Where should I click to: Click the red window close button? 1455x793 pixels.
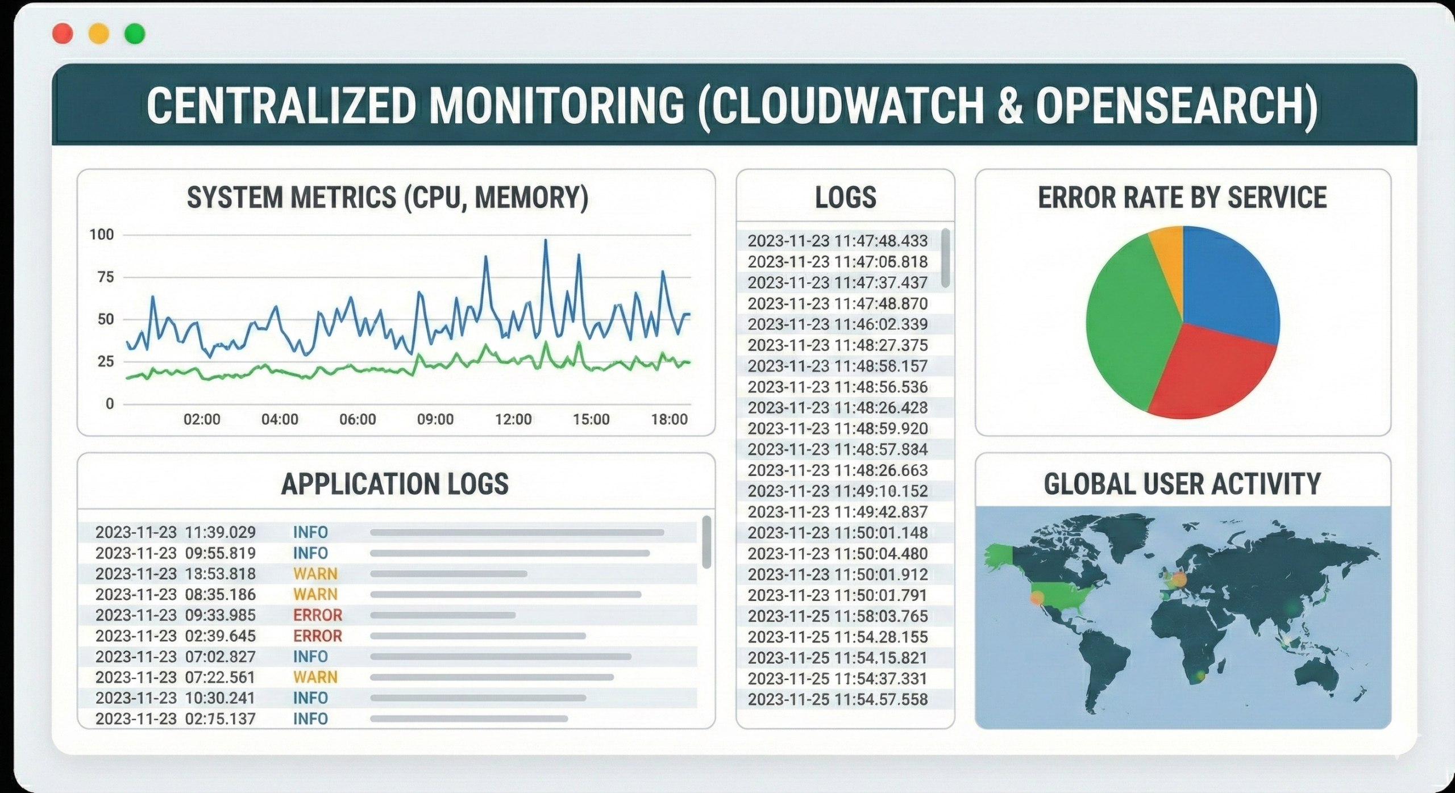[x=63, y=34]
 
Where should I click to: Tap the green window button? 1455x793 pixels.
[x=135, y=34]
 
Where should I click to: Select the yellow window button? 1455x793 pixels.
[x=99, y=34]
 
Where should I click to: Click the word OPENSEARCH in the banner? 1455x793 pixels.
[x=1168, y=106]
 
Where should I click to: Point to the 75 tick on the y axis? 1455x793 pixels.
[x=106, y=277]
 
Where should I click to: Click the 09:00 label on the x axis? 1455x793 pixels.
[x=435, y=419]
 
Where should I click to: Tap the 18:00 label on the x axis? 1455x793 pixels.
[x=669, y=419]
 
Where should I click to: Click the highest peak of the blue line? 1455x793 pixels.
[x=546, y=240]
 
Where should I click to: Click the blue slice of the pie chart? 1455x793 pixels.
[x=1228, y=284]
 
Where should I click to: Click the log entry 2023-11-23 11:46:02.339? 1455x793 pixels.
[x=838, y=324]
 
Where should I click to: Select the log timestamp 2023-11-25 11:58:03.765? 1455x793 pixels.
[x=838, y=616]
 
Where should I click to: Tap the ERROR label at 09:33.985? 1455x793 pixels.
[x=318, y=615]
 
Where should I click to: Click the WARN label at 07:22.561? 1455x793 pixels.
[x=315, y=677]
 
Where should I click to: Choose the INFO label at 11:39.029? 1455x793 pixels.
[x=310, y=532]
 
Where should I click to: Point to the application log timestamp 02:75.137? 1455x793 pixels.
[x=221, y=719]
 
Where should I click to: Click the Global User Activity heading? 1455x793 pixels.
[x=1182, y=484]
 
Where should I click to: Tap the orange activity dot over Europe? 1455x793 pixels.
[x=1180, y=580]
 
